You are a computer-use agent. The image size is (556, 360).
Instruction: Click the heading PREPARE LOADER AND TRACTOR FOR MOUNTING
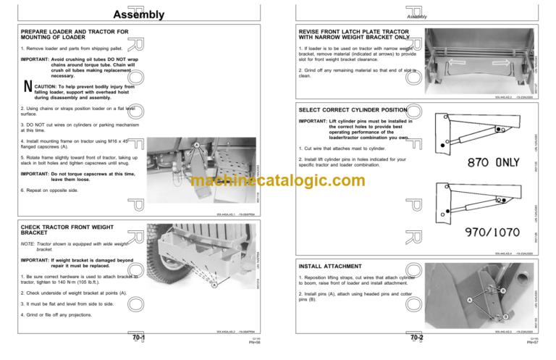tap(75, 35)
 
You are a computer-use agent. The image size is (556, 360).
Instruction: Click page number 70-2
tap(417, 338)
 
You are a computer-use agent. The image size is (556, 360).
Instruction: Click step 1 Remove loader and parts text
tap(69, 49)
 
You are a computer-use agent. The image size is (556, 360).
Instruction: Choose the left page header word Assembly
tap(139, 15)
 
